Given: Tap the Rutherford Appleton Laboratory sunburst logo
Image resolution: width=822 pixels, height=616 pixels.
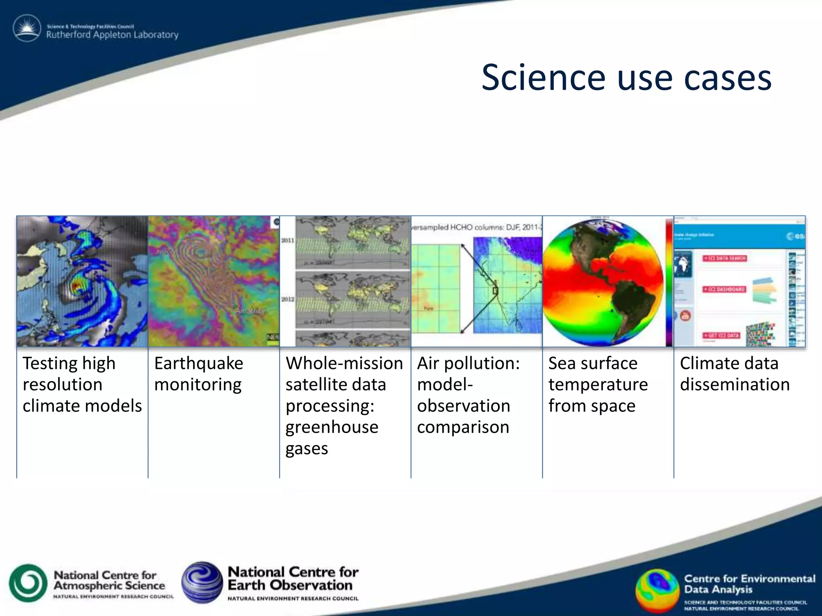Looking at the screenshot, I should pyautogui.click(x=27, y=28).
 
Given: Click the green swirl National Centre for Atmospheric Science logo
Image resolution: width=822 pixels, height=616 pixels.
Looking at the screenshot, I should pyautogui.click(x=28, y=583).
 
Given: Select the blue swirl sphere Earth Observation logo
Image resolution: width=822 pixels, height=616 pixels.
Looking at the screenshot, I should pyautogui.click(x=202, y=582).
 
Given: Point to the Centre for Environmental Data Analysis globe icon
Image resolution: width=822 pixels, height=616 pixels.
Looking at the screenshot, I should pyautogui.click(x=657, y=591).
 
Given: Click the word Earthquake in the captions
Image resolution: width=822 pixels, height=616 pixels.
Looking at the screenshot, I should pyautogui.click(x=198, y=363).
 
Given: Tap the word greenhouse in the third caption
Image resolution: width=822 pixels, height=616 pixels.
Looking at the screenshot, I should pyautogui.click(x=332, y=427).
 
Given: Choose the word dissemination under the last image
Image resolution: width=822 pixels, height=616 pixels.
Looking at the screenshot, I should pyautogui.click(x=735, y=385).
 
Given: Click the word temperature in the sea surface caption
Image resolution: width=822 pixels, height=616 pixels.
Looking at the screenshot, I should pyautogui.click(x=598, y=385).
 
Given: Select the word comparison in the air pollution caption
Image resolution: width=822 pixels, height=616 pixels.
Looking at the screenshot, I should pyautogui.click(x=463, y=427).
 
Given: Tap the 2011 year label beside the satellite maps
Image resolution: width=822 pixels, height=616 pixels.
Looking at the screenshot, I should pyautogui.click(x=287, y=241).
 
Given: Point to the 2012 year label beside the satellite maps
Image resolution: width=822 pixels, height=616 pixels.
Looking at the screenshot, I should pyautogui.click(x=287, y=299).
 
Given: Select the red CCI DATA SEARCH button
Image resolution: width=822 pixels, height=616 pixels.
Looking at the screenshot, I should pyautogui.click(x=724, y=258).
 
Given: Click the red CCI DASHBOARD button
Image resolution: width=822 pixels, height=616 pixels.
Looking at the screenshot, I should pyautogui.click(x=724, y=289).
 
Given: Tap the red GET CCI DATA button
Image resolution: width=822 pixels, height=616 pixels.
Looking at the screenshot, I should pyautogui.click(x=721, y=335).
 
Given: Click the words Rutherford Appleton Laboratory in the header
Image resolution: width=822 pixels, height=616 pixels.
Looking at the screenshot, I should pyautogui.click(x=112, y=35).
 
